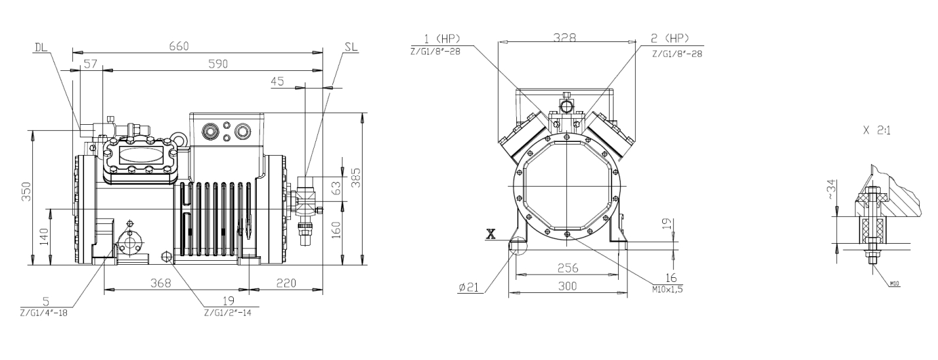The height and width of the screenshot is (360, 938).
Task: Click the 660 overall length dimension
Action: point(179,45)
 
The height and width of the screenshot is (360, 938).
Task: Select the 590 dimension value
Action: point(218,64)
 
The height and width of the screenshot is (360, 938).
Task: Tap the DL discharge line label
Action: point(41,47)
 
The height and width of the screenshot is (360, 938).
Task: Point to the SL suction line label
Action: point(351,47)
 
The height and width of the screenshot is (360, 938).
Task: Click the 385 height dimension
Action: point(355,178)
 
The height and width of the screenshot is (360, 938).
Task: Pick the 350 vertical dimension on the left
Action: point(26,192)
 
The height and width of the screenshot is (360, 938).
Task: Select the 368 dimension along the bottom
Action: point(161,283)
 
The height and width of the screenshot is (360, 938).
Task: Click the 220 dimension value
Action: point(286,283)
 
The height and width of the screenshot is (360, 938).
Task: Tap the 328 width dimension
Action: point(565,37)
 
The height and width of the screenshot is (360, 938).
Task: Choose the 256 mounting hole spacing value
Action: point(568,267)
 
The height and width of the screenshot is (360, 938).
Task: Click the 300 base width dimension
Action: point(568,286)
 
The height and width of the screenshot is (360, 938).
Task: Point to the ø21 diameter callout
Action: point(468,287)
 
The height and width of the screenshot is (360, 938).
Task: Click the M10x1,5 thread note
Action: point(667,289)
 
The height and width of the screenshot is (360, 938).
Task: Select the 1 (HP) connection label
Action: point(442,39)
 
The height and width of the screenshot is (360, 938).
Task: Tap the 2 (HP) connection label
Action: point(670,39)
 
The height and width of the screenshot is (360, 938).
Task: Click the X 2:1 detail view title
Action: point(877,131)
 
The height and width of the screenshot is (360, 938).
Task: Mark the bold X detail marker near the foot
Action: point(491,234)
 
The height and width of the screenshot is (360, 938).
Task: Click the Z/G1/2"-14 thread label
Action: point(228,313)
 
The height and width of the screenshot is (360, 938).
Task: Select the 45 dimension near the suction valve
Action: point(277,81)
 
